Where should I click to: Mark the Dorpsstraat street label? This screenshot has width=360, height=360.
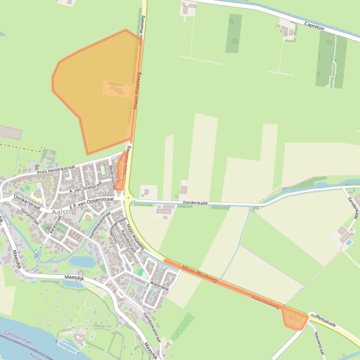(x=30, y=216)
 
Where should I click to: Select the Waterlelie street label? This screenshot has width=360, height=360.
(x=159, y=286)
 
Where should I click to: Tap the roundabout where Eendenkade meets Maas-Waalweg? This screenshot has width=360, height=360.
(x=128, y=199)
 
